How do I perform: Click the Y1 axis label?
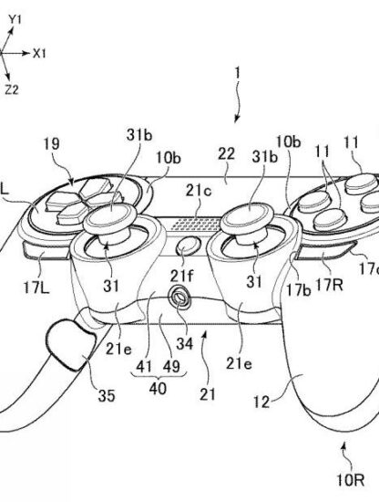15,20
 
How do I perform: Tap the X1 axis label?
39,54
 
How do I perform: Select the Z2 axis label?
12,90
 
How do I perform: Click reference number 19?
51,144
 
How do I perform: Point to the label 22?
227,154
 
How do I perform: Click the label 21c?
200,191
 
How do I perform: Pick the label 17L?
36,288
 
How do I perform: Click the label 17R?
329,284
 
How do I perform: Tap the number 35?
107,396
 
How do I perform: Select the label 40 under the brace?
158,388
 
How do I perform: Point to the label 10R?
351,480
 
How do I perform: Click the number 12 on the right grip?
261,402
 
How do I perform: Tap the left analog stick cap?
111,216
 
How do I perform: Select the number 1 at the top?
237,73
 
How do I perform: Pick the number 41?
144,366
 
